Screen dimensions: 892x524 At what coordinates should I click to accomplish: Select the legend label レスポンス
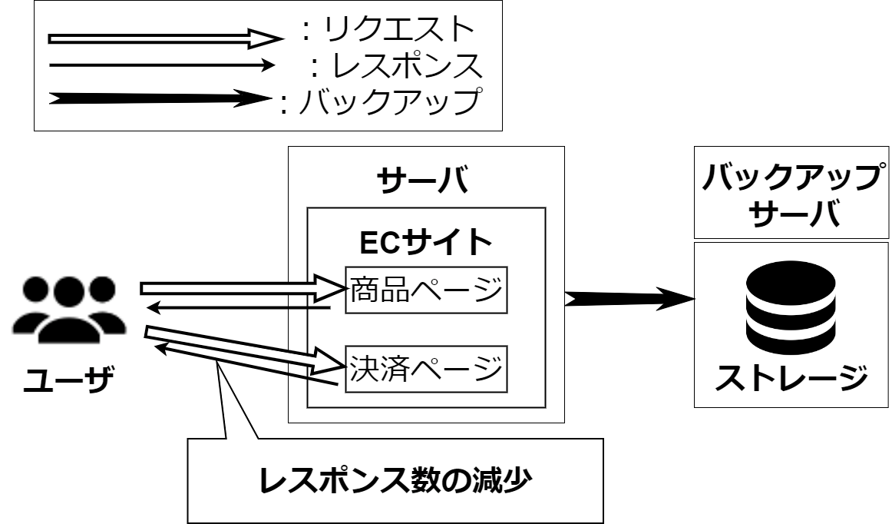[x=407, y=65]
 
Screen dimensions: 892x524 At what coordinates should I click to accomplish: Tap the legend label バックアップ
[x=391, y=101]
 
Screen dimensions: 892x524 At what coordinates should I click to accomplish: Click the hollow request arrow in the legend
[x=166, y=38]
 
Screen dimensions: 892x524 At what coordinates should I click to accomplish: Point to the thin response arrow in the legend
[x=162, y=65]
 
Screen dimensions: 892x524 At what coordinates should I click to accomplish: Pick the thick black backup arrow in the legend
[x=160, y=98]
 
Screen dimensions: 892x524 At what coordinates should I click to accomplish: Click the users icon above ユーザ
[x=69, y=310]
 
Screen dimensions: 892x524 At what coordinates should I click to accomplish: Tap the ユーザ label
[x=69, y=380]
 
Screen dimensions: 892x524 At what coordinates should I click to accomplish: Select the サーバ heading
[x=423, y=180]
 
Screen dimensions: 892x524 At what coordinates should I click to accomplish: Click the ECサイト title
[x=425, y=242]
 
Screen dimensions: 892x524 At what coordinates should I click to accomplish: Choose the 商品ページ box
[x=426, y=290]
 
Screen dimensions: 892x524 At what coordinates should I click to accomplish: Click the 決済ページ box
[x=426, y=369]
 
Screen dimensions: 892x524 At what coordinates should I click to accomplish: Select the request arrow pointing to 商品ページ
[x=243, y=287]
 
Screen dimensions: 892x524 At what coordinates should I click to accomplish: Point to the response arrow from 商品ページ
[x=239, y=308]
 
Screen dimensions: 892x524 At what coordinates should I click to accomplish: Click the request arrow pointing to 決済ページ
[x=245, y=349]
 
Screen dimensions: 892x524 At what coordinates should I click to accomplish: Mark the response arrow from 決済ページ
[x=246, y=365]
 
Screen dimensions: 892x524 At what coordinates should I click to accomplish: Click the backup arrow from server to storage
[x=629, y=298]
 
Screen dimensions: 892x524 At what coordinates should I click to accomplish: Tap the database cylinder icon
[x=791, y=307]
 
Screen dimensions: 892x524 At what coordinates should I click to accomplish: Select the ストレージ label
[x=791, y=377]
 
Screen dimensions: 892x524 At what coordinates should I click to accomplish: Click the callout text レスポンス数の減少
[x=395, y=481]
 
